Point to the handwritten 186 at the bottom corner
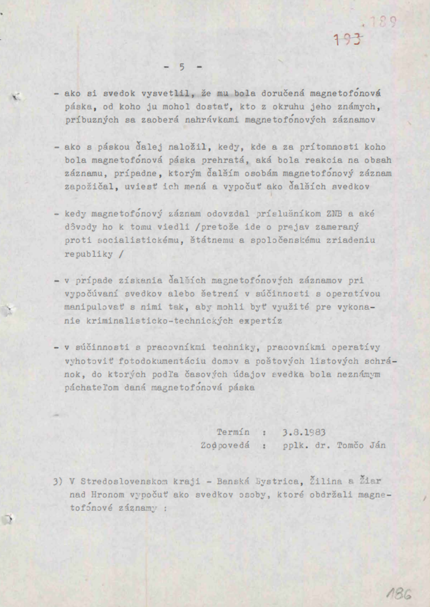(399, 594)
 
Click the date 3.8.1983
(304, 432)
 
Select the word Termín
(233, 432)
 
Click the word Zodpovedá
(224, 445)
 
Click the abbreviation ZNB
(334, 214)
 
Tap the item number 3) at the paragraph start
(58, 481)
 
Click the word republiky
(89, 254)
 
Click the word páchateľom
(92, 387)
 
